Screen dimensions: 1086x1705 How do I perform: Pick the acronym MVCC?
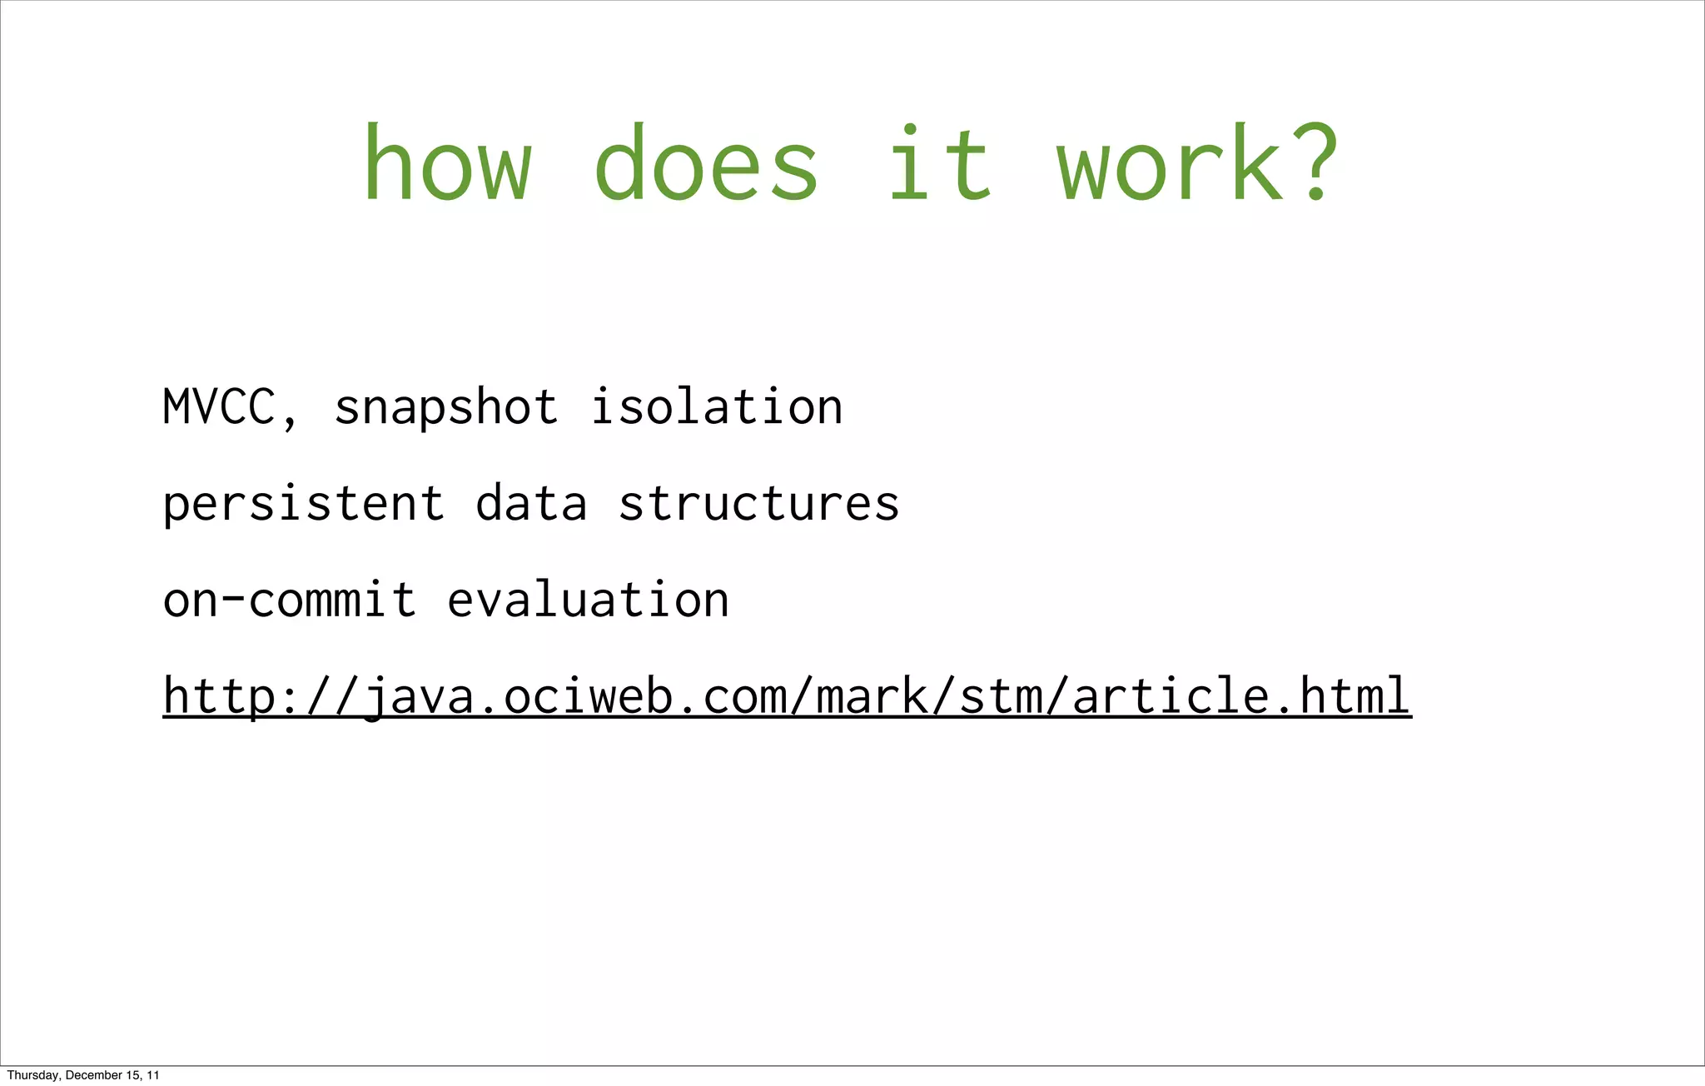[219, 407]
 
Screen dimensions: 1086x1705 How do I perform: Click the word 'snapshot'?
[446, 407]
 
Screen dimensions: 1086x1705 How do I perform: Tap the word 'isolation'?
[717, 407]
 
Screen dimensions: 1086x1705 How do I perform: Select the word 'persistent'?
[304, 504]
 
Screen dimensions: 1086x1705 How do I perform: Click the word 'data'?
[531, 504]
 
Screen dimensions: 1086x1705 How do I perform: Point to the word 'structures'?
[759, 504]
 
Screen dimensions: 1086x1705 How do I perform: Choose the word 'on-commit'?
[290, 600]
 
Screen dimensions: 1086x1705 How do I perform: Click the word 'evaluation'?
[589, 600]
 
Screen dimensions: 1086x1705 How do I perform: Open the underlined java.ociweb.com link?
[787, 696]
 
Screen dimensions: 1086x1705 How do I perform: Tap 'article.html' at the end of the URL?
[1241, 696]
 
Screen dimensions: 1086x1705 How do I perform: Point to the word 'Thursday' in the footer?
[32, 1075]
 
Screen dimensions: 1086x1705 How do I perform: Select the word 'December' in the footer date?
[91, 1075]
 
